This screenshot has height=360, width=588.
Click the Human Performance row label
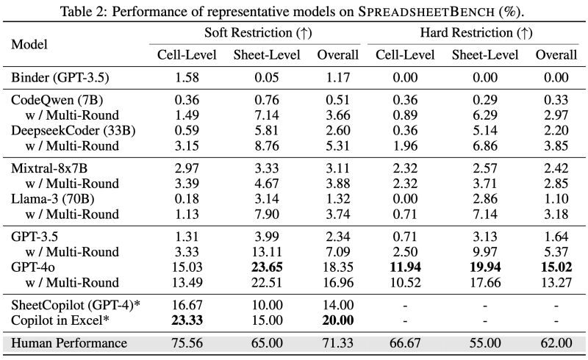coord(69,343)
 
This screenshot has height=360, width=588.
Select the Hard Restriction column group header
coord(476,33)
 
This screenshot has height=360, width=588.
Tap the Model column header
coord(29,44)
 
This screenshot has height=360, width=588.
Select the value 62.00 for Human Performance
coord(556,343)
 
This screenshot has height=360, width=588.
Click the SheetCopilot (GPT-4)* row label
coord(75,305)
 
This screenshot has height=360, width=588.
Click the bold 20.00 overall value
coord(338,320)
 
